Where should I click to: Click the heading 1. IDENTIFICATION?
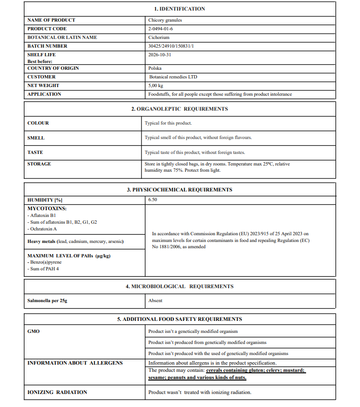[180, 9]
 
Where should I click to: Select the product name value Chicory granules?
[165, 20]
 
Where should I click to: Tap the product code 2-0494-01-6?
[161, 29]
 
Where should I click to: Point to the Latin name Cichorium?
[159, 38]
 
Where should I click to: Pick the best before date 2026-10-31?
[160, 55]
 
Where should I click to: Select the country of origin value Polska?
[155, 68]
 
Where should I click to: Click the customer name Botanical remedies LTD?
[173, 77]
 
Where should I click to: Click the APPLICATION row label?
[44, 94]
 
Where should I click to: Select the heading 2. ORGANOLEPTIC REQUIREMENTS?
[180, 109]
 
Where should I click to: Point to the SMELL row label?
[36, 138]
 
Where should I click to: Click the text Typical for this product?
[168, 123]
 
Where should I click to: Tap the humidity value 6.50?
[153, 199]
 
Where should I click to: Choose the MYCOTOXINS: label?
[47, 208]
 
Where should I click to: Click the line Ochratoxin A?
[43, 229]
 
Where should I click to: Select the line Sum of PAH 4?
[44, 269]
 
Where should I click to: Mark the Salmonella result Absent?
[155, 301]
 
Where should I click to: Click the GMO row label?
[33, 331]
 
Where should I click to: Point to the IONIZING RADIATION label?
[57, 393]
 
